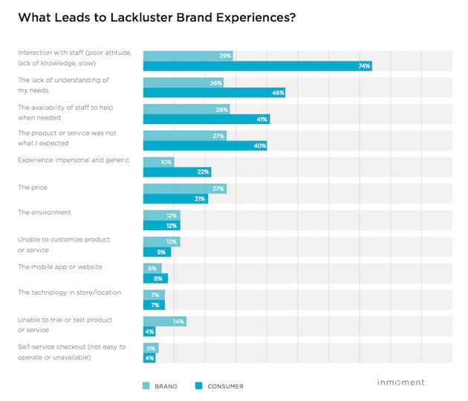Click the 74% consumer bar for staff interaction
(257, 66)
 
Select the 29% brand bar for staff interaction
(188, 56)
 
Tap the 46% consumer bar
(214, 93)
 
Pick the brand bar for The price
(184, 189)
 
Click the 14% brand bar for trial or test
(164, 321)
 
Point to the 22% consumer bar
(177, 172)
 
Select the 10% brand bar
(158, 162)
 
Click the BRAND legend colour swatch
(146, 386)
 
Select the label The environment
(45, 212)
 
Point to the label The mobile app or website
(60, 266)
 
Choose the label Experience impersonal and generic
(74, 160)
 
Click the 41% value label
(263, 120)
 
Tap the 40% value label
(260, 146)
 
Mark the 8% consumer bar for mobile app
(155, 278)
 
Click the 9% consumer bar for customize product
(157, 252)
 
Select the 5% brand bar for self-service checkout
(151, 348)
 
